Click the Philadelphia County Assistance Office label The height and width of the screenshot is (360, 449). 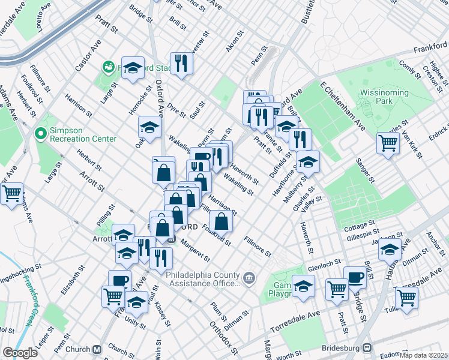200,276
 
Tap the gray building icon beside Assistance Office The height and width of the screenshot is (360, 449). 250,277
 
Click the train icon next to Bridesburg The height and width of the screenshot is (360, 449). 367,348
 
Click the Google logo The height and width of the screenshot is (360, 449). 20,353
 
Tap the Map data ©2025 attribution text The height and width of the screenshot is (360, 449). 423,355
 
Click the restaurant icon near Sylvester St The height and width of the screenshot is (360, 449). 181,63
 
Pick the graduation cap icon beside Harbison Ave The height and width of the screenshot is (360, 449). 390,248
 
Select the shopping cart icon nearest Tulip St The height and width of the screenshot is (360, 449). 406,296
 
